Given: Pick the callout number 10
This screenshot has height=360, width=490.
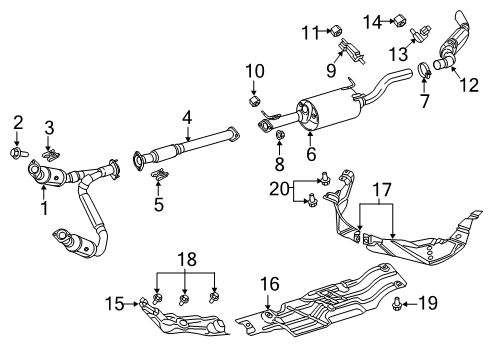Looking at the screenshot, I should tap(255, 71).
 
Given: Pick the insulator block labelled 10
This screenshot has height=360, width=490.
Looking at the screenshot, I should tap(256, 100).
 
